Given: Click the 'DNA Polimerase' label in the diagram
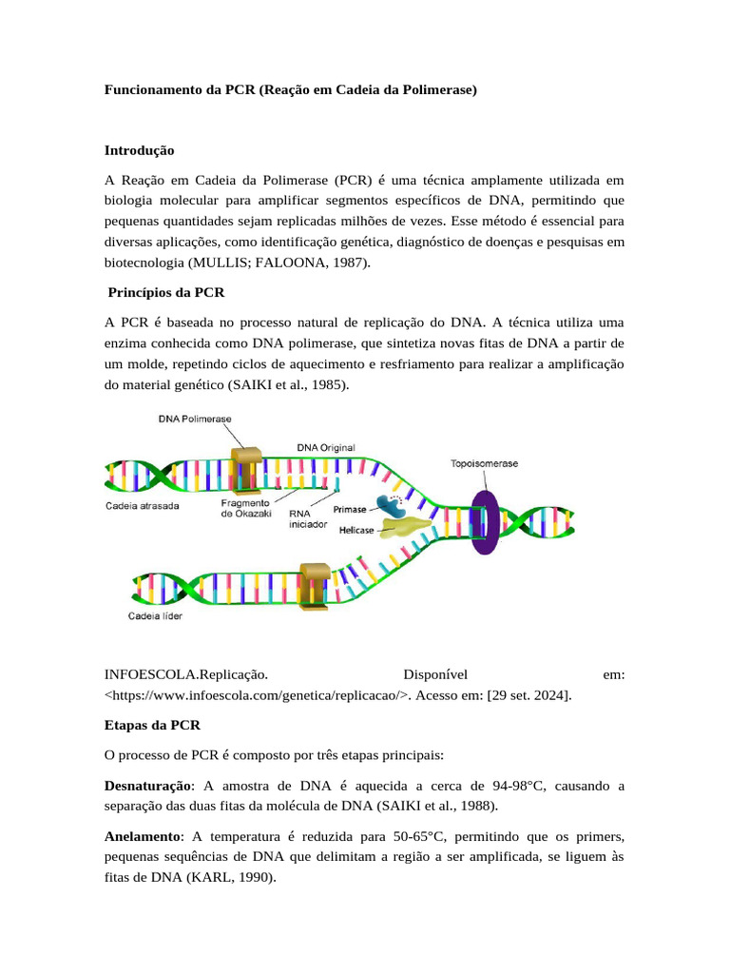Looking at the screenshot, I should coord(194,419).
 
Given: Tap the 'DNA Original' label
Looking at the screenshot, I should coord(327,446).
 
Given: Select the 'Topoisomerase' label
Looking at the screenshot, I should coord(484,463).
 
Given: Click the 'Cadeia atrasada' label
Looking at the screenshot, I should coord(142,506).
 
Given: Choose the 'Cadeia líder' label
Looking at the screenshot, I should coord(155,616).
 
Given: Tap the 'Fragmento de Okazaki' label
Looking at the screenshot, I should coord(245,508).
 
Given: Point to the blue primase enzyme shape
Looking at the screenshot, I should coord(391,505).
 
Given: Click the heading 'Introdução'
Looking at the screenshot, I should coord(139,150).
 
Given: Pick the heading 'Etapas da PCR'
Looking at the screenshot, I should coord(151,725).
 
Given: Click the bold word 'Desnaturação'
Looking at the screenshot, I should coord(146,787).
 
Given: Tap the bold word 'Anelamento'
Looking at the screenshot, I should coord(143,836).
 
